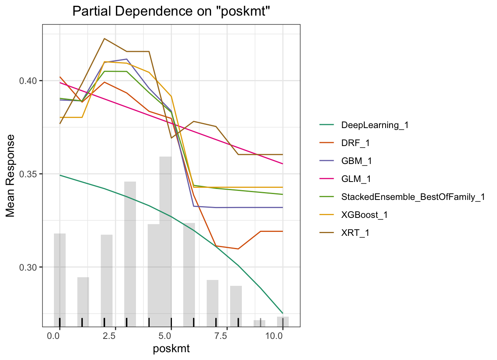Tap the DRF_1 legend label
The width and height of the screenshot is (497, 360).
point(355,143)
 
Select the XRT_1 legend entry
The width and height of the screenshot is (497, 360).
point(355,233)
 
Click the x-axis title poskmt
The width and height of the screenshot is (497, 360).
point(171,349)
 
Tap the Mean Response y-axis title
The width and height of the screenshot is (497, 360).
point(11,176)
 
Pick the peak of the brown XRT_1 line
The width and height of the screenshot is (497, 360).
point(104,39)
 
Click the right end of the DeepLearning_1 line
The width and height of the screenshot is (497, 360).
point(282,313)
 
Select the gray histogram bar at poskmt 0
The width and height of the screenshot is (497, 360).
point(60,280)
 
